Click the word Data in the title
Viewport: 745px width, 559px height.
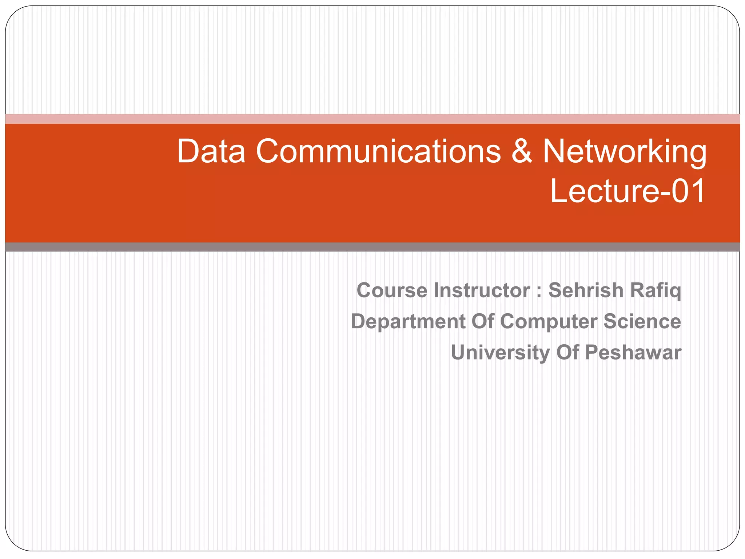(x=211, y=151)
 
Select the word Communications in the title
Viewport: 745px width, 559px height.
(x=378, y=151)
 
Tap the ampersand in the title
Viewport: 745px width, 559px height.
(x=522, y=151)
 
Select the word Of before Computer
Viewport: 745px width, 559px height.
(x=483, y=322)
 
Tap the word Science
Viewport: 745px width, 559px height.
(x=642, y=322)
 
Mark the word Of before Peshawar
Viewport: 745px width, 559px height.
(x=567, y=353)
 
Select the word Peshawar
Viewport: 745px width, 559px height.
(x=633, y=353)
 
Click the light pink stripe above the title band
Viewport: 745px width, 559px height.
(x=372, y=119)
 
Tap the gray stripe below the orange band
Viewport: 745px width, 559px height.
(x=372, y=247)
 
